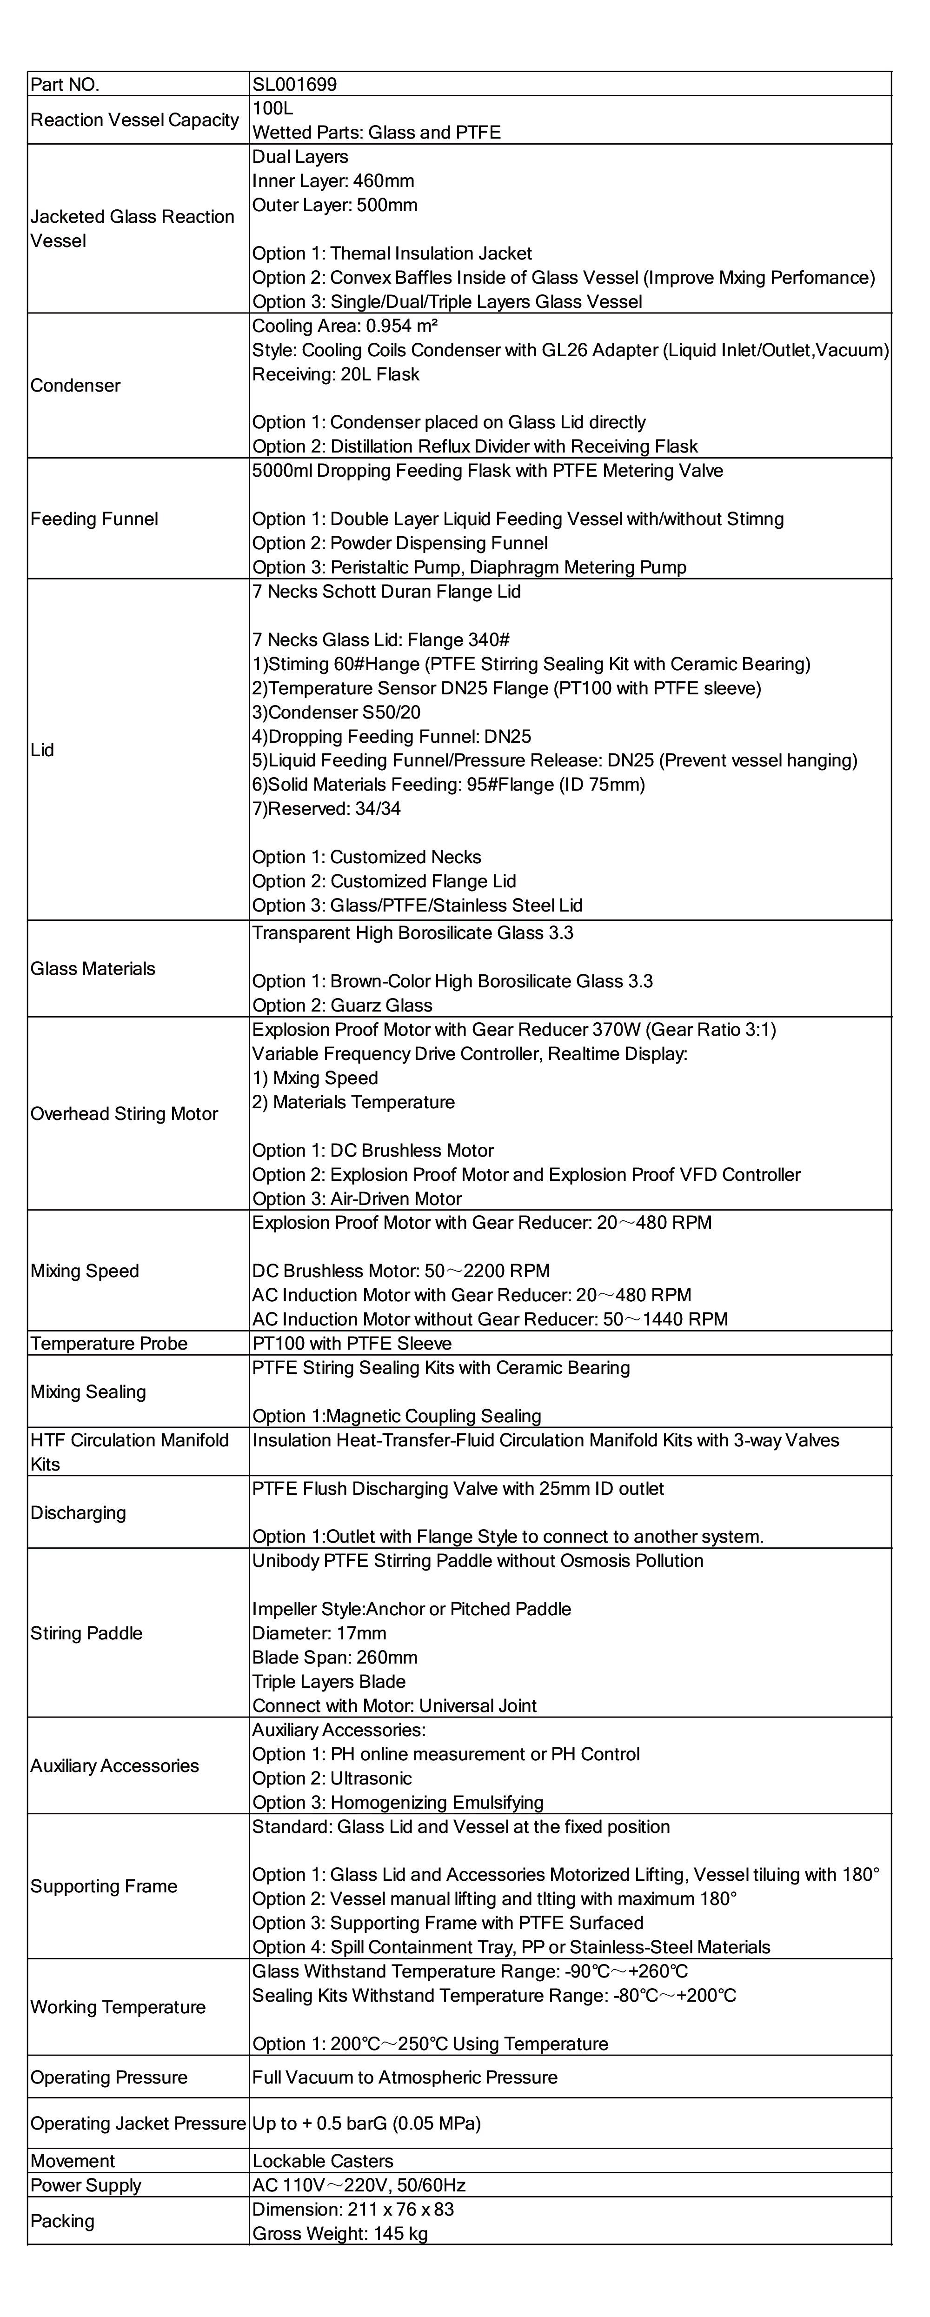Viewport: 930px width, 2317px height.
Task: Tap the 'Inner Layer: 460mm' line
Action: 333,181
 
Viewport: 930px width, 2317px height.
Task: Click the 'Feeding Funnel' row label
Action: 94,519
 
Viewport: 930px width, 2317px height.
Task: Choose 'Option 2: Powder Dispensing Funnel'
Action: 399,543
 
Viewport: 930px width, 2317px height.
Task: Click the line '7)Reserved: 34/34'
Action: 326,809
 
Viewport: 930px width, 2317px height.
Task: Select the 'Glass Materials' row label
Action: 93,969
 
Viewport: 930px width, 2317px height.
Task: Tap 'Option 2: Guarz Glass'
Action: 342,1005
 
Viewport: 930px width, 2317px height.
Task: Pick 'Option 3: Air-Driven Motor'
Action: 356,1199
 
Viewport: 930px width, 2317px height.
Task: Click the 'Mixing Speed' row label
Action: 85,1271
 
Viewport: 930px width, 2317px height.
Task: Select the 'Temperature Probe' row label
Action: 109,1344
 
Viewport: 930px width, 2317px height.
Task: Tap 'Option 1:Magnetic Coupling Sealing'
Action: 397,1417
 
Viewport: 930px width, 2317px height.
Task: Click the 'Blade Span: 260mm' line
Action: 335,1658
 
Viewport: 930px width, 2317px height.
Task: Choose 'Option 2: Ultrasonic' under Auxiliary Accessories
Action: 332,1778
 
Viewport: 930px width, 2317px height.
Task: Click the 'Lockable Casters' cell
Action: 323,2161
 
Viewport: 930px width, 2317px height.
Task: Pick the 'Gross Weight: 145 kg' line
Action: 340,2234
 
